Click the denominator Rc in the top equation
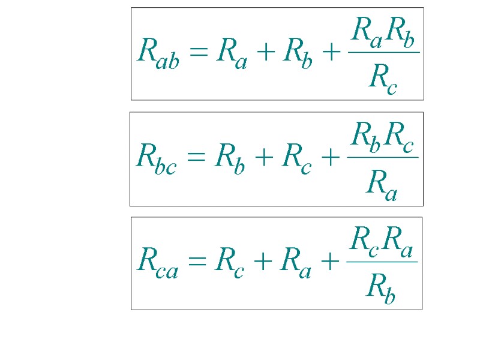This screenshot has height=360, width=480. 383,77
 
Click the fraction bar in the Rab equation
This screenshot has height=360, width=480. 383,52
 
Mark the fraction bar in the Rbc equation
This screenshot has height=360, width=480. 383,157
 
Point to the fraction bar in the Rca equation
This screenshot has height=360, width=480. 382,262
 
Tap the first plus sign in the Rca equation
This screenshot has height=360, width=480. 263,262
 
